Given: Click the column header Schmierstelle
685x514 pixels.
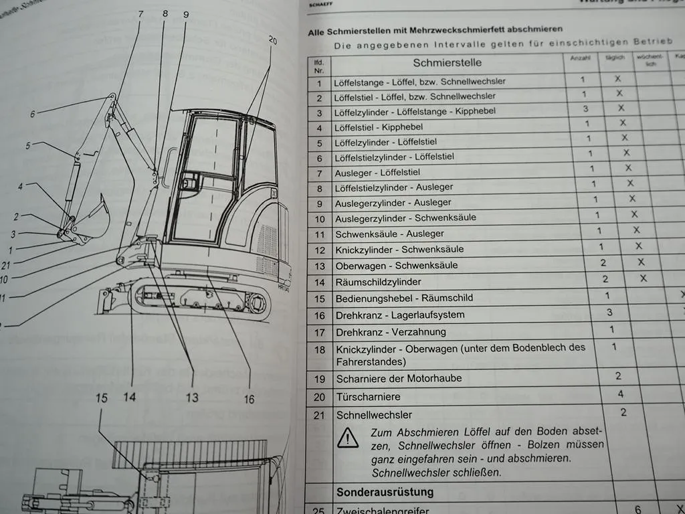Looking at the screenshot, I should click(447, 64).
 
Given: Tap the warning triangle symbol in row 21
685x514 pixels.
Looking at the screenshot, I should click(348, 438).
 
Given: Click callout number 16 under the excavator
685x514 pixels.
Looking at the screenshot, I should click(249, 399).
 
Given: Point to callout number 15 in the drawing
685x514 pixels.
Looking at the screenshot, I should click(101, 398).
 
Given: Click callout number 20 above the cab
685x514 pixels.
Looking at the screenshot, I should click(272, 40).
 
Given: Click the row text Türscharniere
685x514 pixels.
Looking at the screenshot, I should click(369, 396).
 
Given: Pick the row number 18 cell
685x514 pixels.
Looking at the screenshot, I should click(319, 349).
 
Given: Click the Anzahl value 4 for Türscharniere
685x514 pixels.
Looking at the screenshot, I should click(620, 394).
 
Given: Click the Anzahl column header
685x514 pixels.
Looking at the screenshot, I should click(579, 58).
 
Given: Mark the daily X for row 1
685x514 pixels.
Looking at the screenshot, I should click(617, 78).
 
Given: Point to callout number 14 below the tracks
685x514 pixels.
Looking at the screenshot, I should click(130, 397).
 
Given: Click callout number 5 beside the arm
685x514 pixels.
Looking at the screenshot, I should click(28, 145).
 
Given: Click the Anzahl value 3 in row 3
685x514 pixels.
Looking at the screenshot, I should click(586, 108).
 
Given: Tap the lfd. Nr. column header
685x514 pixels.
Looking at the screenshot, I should click(318, 65).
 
